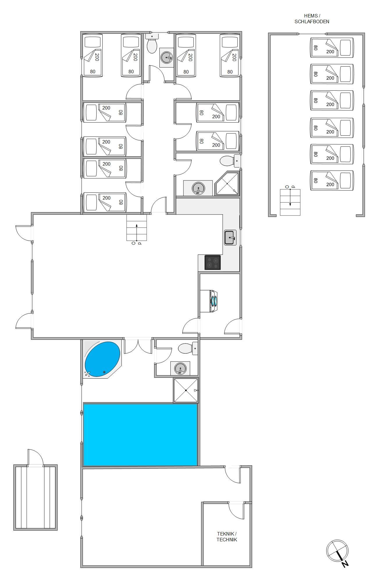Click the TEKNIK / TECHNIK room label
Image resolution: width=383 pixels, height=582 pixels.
227,536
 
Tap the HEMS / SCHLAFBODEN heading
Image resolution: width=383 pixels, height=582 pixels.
312,19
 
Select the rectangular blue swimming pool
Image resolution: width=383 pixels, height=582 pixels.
140,434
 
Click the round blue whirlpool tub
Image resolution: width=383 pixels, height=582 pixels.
102,359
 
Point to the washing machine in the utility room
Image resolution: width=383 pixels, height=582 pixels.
209,301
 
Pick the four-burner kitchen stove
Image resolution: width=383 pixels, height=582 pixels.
213,262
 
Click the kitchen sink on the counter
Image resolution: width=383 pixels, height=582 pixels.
230,238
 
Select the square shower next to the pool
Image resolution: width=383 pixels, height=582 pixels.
186,390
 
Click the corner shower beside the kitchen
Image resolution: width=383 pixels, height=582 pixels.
227,184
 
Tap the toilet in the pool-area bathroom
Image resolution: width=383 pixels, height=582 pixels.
188,348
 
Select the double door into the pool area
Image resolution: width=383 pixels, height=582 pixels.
138,346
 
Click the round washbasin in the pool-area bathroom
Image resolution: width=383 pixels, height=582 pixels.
180,369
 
